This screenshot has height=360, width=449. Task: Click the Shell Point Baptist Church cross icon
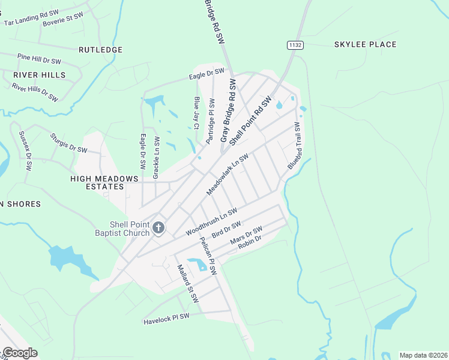pos(158,227)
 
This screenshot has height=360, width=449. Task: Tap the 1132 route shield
pos(295,45)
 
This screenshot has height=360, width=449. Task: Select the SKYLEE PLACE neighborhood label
pos(365,44)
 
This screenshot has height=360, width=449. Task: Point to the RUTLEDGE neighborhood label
pos(100,50)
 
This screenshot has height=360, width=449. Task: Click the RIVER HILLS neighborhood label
pos(39,74)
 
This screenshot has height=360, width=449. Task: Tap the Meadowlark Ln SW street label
pos(228,174)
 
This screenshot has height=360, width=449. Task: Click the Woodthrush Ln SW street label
pos(212,222)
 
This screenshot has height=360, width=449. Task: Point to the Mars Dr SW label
pos(246,235)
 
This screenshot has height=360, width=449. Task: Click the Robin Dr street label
pos(250,243)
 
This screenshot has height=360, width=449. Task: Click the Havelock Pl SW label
pos(166,319)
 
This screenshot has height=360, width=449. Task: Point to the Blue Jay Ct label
pos(196,113)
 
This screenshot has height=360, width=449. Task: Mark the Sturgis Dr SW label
pos(68,143)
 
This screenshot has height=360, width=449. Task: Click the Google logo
pos(20,353)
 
